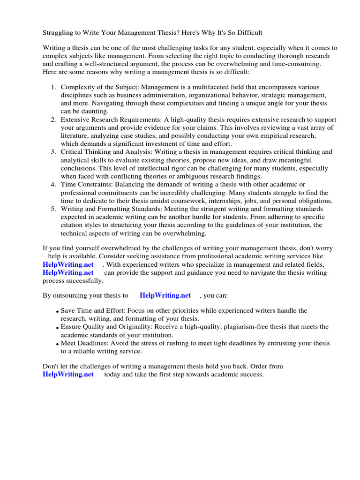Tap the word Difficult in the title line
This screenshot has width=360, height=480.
click(248, 32)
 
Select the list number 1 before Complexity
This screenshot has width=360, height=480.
click(53, 87)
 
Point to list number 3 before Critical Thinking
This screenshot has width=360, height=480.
click(53, 152)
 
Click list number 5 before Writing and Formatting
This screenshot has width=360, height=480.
click(53, 209)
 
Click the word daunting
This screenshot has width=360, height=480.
click(93, 112)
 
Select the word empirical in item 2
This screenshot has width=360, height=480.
click(263, 136)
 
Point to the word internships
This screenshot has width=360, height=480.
click(205, 201)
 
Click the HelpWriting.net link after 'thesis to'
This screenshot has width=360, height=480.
click(165, 295)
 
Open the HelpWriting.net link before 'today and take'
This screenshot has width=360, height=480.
click(68, 374)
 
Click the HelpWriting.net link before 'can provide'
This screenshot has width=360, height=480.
click(68, 272)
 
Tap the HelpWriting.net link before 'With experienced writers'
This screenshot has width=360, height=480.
click(68, 264)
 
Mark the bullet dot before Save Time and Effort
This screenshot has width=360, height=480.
click(57, 312)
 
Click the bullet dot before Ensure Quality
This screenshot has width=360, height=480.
click(57, 328)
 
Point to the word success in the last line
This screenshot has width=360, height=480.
click(252, 374)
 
